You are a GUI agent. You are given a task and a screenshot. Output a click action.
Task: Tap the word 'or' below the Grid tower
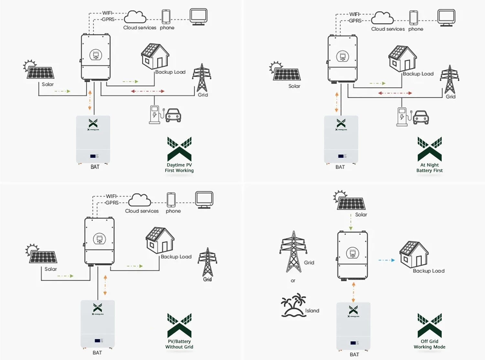(x=293, y=281)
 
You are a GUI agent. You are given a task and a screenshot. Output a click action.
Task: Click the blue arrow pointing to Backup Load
(x=387, y=260)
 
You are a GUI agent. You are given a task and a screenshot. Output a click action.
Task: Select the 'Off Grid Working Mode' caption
(x=429, y=344)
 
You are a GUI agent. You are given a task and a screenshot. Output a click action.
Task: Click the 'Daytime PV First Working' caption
(x=179, y=167)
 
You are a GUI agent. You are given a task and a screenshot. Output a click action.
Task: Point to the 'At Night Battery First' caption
(x=429, y=167)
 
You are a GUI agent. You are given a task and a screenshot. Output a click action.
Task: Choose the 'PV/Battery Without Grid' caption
(x=179, y=344)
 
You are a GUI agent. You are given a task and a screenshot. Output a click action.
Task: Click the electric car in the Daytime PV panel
(x=173, y=115)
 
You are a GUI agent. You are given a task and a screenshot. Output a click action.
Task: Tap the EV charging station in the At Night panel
(x=402, y=116)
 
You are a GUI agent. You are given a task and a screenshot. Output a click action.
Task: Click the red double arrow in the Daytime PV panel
(x=148, y=91)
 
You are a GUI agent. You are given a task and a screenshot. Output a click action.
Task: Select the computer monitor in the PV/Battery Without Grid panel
(x=204, y=200)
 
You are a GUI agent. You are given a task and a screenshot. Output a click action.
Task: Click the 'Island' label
(x=312, y=311)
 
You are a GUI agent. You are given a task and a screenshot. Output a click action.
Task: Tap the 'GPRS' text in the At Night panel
(x=355, y=21)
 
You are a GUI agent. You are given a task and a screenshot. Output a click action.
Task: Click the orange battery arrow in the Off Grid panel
(x=353, y=292)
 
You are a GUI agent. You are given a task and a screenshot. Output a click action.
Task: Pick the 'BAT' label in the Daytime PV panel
(x=95, y=167)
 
